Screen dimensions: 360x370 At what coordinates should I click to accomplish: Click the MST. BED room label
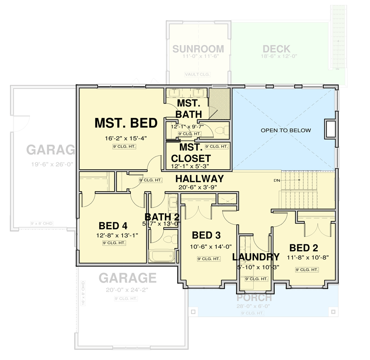[125, 123]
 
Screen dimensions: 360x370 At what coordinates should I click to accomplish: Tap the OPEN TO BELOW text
[286, 130]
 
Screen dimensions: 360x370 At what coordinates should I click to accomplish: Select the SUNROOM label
[198, 49]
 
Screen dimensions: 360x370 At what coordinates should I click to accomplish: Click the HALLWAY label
[200, 179]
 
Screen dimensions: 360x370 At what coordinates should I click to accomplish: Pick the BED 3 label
[206, 235]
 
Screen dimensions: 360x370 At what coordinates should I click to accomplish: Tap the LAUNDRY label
[256, 257]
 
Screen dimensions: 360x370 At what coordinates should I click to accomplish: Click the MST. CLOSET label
[188, 153]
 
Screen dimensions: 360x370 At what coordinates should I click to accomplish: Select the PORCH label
[254, 297]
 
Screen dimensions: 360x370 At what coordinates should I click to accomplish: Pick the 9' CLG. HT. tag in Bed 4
[113, 243]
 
